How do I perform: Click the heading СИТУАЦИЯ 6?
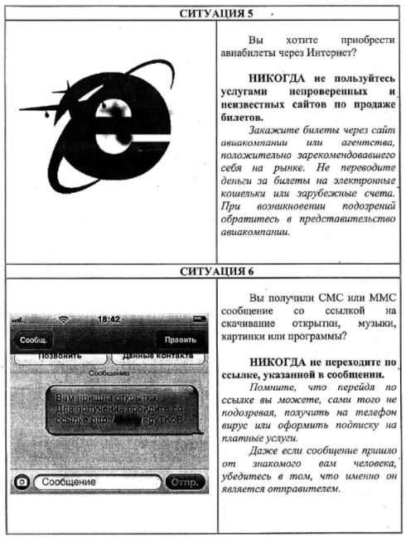204,271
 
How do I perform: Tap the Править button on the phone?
180,339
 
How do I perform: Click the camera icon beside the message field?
22,481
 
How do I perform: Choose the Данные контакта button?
157,357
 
